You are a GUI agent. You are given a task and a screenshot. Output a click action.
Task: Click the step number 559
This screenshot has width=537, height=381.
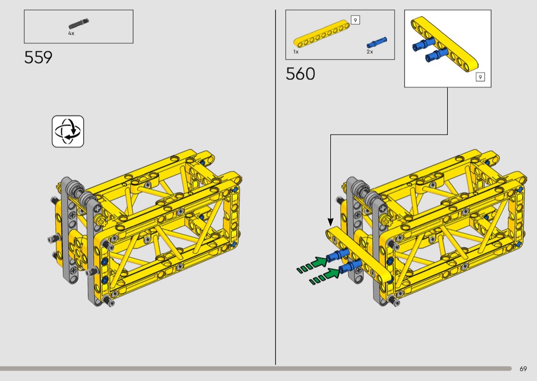point(38,58)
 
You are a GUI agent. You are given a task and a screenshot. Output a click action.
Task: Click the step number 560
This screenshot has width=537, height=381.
point(300,74)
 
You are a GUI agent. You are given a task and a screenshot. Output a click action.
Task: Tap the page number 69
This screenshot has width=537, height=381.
point(523,369)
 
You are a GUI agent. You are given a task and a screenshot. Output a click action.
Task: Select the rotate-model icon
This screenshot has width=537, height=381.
point(68,132)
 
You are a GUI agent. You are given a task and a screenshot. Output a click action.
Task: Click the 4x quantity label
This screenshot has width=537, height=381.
point(71,34)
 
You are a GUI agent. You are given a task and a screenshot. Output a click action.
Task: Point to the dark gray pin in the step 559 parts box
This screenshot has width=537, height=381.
point(78,24)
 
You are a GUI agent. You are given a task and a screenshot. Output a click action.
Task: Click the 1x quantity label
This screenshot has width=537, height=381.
point(296,52)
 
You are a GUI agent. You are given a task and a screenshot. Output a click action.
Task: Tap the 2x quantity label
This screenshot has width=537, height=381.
point(370,52)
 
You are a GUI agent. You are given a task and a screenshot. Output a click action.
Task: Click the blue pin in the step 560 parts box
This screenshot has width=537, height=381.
point(377,42)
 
